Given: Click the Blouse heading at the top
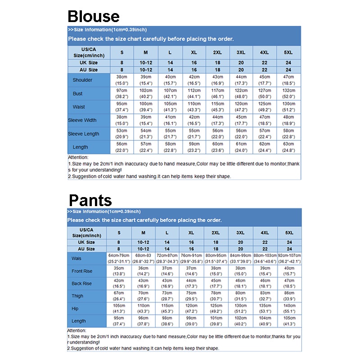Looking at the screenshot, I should point(94,16).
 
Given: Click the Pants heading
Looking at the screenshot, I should point(90,200).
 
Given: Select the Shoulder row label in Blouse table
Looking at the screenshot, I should point(82,80).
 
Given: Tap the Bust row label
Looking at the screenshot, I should point(78,94).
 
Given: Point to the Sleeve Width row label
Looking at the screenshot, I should point(82,120).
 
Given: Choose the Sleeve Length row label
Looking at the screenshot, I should point(84,134).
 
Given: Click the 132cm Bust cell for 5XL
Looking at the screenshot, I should point(288,93).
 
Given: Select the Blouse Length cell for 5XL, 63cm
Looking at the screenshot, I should point(288,147).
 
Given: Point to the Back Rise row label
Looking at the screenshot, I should point(81,283).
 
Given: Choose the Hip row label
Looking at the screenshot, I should point(75,309).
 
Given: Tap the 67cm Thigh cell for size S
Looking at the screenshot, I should point(119,296).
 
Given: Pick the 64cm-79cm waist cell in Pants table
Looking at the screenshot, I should point(119,259).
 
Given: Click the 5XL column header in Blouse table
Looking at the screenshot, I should point(288,53).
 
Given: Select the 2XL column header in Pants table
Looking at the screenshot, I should point(216,233).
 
